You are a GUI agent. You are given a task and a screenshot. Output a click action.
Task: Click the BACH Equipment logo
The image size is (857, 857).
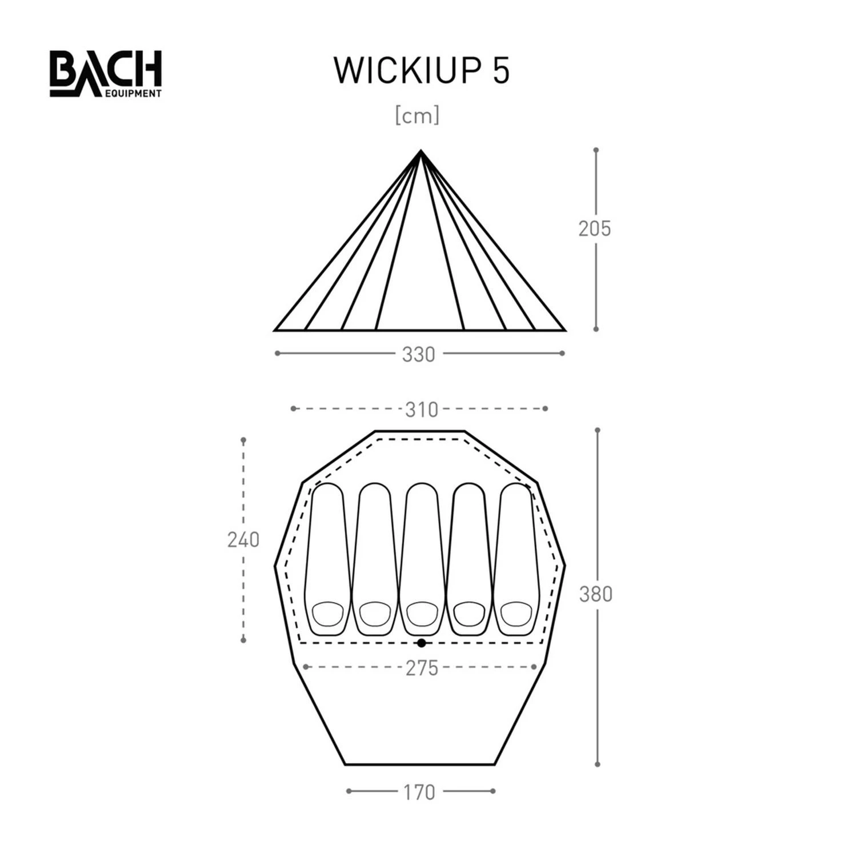106,74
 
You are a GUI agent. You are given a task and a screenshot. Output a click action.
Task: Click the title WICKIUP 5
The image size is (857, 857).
421,71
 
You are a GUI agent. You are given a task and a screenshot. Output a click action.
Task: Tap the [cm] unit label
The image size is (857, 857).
418,116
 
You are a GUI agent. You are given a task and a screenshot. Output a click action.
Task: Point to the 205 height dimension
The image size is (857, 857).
594,229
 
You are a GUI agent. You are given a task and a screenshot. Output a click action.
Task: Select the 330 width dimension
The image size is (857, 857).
418,355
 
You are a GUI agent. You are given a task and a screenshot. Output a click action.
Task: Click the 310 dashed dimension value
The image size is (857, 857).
421,410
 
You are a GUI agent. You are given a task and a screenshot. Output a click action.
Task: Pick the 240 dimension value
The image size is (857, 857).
243,540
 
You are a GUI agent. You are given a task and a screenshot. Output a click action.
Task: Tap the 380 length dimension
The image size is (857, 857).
595,595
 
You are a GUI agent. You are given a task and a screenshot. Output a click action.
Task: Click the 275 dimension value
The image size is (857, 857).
422,668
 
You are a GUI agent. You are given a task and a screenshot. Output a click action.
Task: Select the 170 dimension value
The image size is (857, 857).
419,792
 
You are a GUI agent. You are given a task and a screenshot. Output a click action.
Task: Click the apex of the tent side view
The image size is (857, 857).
421,151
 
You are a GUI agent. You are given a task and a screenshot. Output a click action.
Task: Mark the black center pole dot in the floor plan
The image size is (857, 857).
422,643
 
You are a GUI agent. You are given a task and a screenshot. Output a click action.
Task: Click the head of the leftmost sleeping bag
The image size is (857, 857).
327,614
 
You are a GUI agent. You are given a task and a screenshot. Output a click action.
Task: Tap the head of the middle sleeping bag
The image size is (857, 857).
422,614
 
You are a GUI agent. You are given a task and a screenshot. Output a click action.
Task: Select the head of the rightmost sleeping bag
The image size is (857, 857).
516,614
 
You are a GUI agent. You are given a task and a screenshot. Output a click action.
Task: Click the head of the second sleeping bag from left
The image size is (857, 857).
375,614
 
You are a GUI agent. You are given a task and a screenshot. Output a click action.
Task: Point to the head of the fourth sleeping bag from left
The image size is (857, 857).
469,614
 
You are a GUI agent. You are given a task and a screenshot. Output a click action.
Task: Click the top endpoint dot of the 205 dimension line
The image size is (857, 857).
596,150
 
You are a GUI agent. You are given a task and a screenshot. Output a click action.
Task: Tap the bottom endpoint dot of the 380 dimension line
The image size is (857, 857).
598,764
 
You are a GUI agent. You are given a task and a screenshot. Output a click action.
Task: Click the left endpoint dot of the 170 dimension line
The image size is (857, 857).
349,791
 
